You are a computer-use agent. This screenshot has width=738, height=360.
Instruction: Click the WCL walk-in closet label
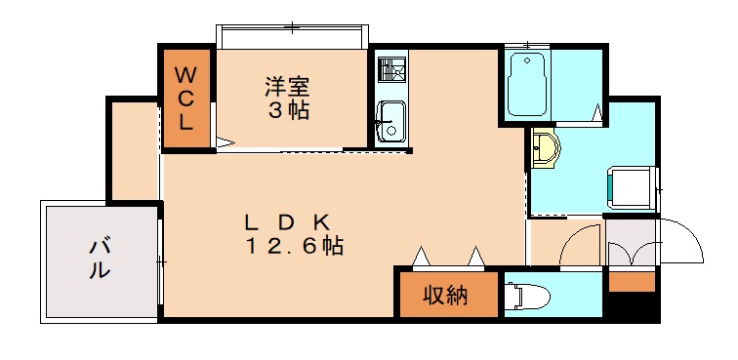(188, 99)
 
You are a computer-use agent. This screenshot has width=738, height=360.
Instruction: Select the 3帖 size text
(289, 109)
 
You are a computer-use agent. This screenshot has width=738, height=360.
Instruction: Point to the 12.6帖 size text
(293, 246)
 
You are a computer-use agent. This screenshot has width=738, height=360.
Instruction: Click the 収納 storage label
(444, 295)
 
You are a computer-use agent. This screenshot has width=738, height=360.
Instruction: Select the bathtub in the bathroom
(528, 85)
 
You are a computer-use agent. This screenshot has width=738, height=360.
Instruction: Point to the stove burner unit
(391, 70)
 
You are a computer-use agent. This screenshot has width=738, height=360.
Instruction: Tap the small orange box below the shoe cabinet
(632, 283)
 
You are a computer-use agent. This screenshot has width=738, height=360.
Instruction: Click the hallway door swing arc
(581, 244)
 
